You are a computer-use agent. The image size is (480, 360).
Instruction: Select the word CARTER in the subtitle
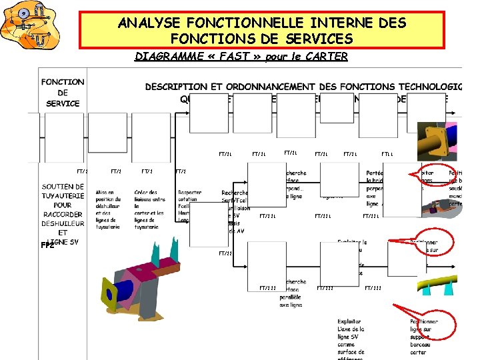coord(327,57)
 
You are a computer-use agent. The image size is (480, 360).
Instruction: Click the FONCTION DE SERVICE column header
coord(63,93)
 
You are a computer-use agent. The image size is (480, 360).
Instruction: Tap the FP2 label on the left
coord(47,246)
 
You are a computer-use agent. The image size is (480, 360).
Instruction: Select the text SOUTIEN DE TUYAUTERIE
coord(63,191)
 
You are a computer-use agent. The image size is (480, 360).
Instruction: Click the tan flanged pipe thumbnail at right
coord(435,141)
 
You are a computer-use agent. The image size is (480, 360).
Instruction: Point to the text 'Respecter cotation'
coord(190,196)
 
